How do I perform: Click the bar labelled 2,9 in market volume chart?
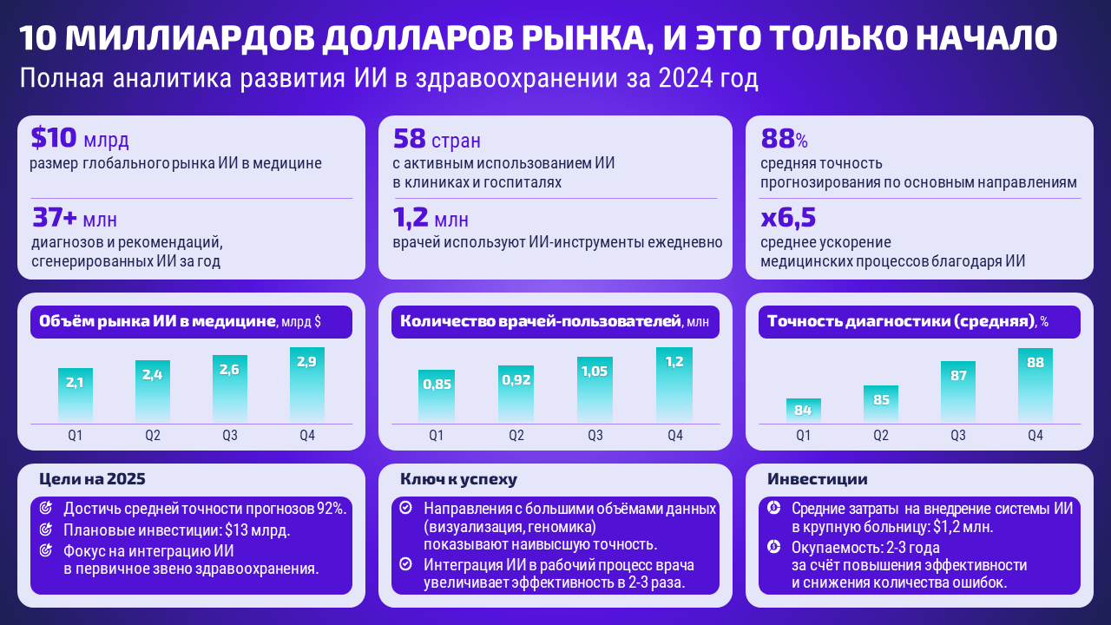(307, 385)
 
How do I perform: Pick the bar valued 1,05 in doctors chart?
(595, 390)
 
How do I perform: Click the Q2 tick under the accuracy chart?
(881, 435)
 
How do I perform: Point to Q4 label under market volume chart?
(307, 435)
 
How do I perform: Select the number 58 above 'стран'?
(408, 138)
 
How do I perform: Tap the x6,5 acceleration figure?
(788, 217)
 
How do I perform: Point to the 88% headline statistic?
(784, 138)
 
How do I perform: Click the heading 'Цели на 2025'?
(92, 478)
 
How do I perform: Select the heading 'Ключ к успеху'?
(458, 478)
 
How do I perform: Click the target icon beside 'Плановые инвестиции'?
(46, 530)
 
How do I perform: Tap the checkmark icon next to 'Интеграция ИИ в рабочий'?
(405, 564)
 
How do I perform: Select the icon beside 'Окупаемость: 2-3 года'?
(774, 547)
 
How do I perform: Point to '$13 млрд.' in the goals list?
(257, 530)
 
